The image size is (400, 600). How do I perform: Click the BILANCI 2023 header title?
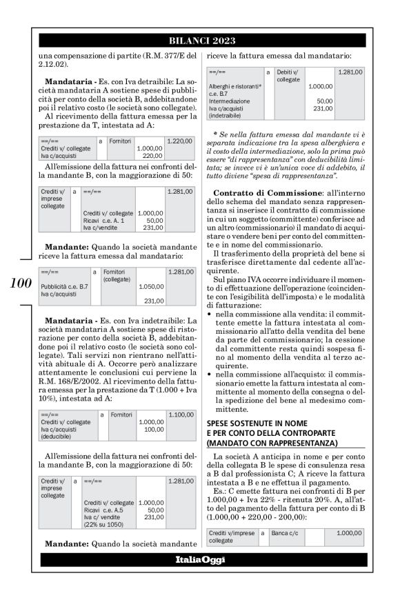click(x=199, y=40)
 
